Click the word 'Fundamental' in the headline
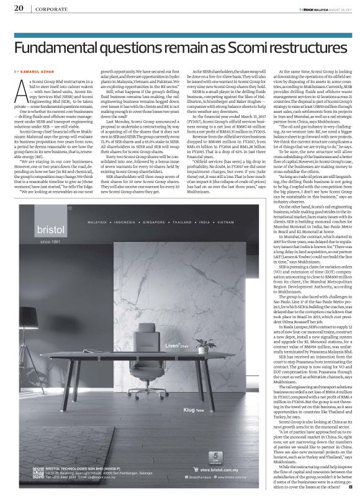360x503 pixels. coord(68,48)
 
